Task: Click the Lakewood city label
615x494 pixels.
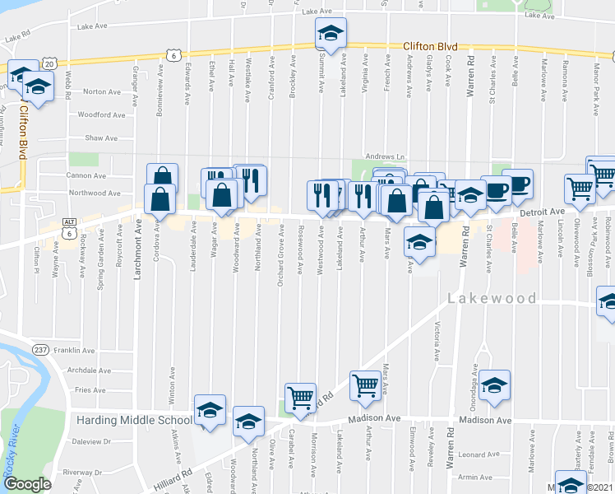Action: [492, 298]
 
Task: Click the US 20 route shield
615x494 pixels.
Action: [49, 63]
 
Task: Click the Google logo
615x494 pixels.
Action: [26, 484]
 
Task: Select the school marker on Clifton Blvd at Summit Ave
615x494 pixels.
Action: [331, 33]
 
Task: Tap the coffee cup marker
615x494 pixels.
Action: [518, 184]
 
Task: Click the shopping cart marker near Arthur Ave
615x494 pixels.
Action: [365, 384]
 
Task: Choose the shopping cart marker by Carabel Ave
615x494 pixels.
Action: [300, 398]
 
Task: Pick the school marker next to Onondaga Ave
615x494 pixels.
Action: [494, 385]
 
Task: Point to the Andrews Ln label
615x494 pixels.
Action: [386, 156]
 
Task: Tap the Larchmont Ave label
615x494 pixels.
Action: [138, 248]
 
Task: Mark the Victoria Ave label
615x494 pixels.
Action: [437, 342]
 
